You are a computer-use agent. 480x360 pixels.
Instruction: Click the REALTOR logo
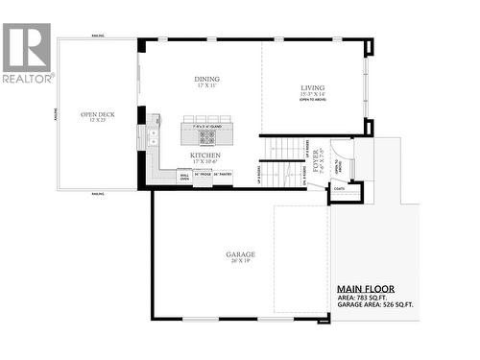pos(27,54)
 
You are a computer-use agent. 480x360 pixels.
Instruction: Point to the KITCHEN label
pos(205,155)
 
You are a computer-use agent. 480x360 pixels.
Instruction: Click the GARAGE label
pos(240,254)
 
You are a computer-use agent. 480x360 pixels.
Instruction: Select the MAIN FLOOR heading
pos(365,288)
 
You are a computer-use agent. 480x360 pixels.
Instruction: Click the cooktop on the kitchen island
pos(207,135)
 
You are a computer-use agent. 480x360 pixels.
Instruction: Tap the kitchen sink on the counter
pos(154,137)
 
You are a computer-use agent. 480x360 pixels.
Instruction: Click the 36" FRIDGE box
pos(203,175)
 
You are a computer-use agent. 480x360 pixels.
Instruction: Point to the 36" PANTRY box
pos(223,175)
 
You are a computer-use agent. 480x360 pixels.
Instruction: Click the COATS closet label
pos(340,189)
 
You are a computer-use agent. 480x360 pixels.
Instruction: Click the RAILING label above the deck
pos(97,39)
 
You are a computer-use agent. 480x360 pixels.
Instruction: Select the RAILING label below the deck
pos(97,194)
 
